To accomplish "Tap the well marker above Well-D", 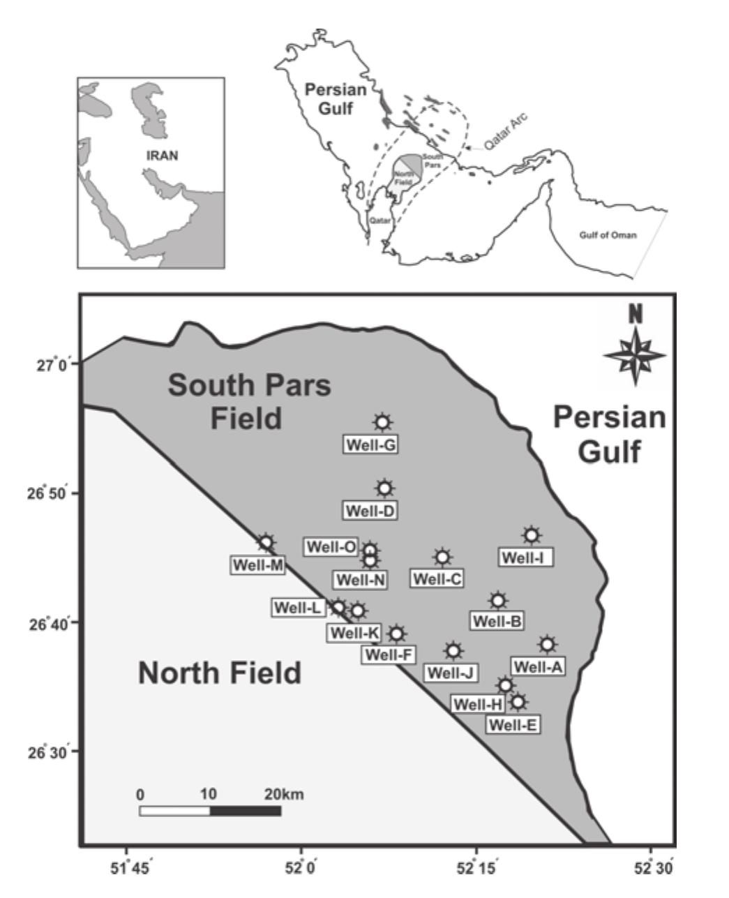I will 384,488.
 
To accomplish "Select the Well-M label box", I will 257,564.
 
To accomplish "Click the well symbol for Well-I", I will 532,535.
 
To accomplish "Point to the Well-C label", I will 437,578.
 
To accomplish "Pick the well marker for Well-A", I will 547,644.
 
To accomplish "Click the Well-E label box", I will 513,724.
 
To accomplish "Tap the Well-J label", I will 451,673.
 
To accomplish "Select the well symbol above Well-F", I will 396,634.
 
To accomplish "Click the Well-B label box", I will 498,620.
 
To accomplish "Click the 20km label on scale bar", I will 284,794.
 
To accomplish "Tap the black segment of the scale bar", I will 246,811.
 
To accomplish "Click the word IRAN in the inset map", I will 162,156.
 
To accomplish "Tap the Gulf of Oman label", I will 608,235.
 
